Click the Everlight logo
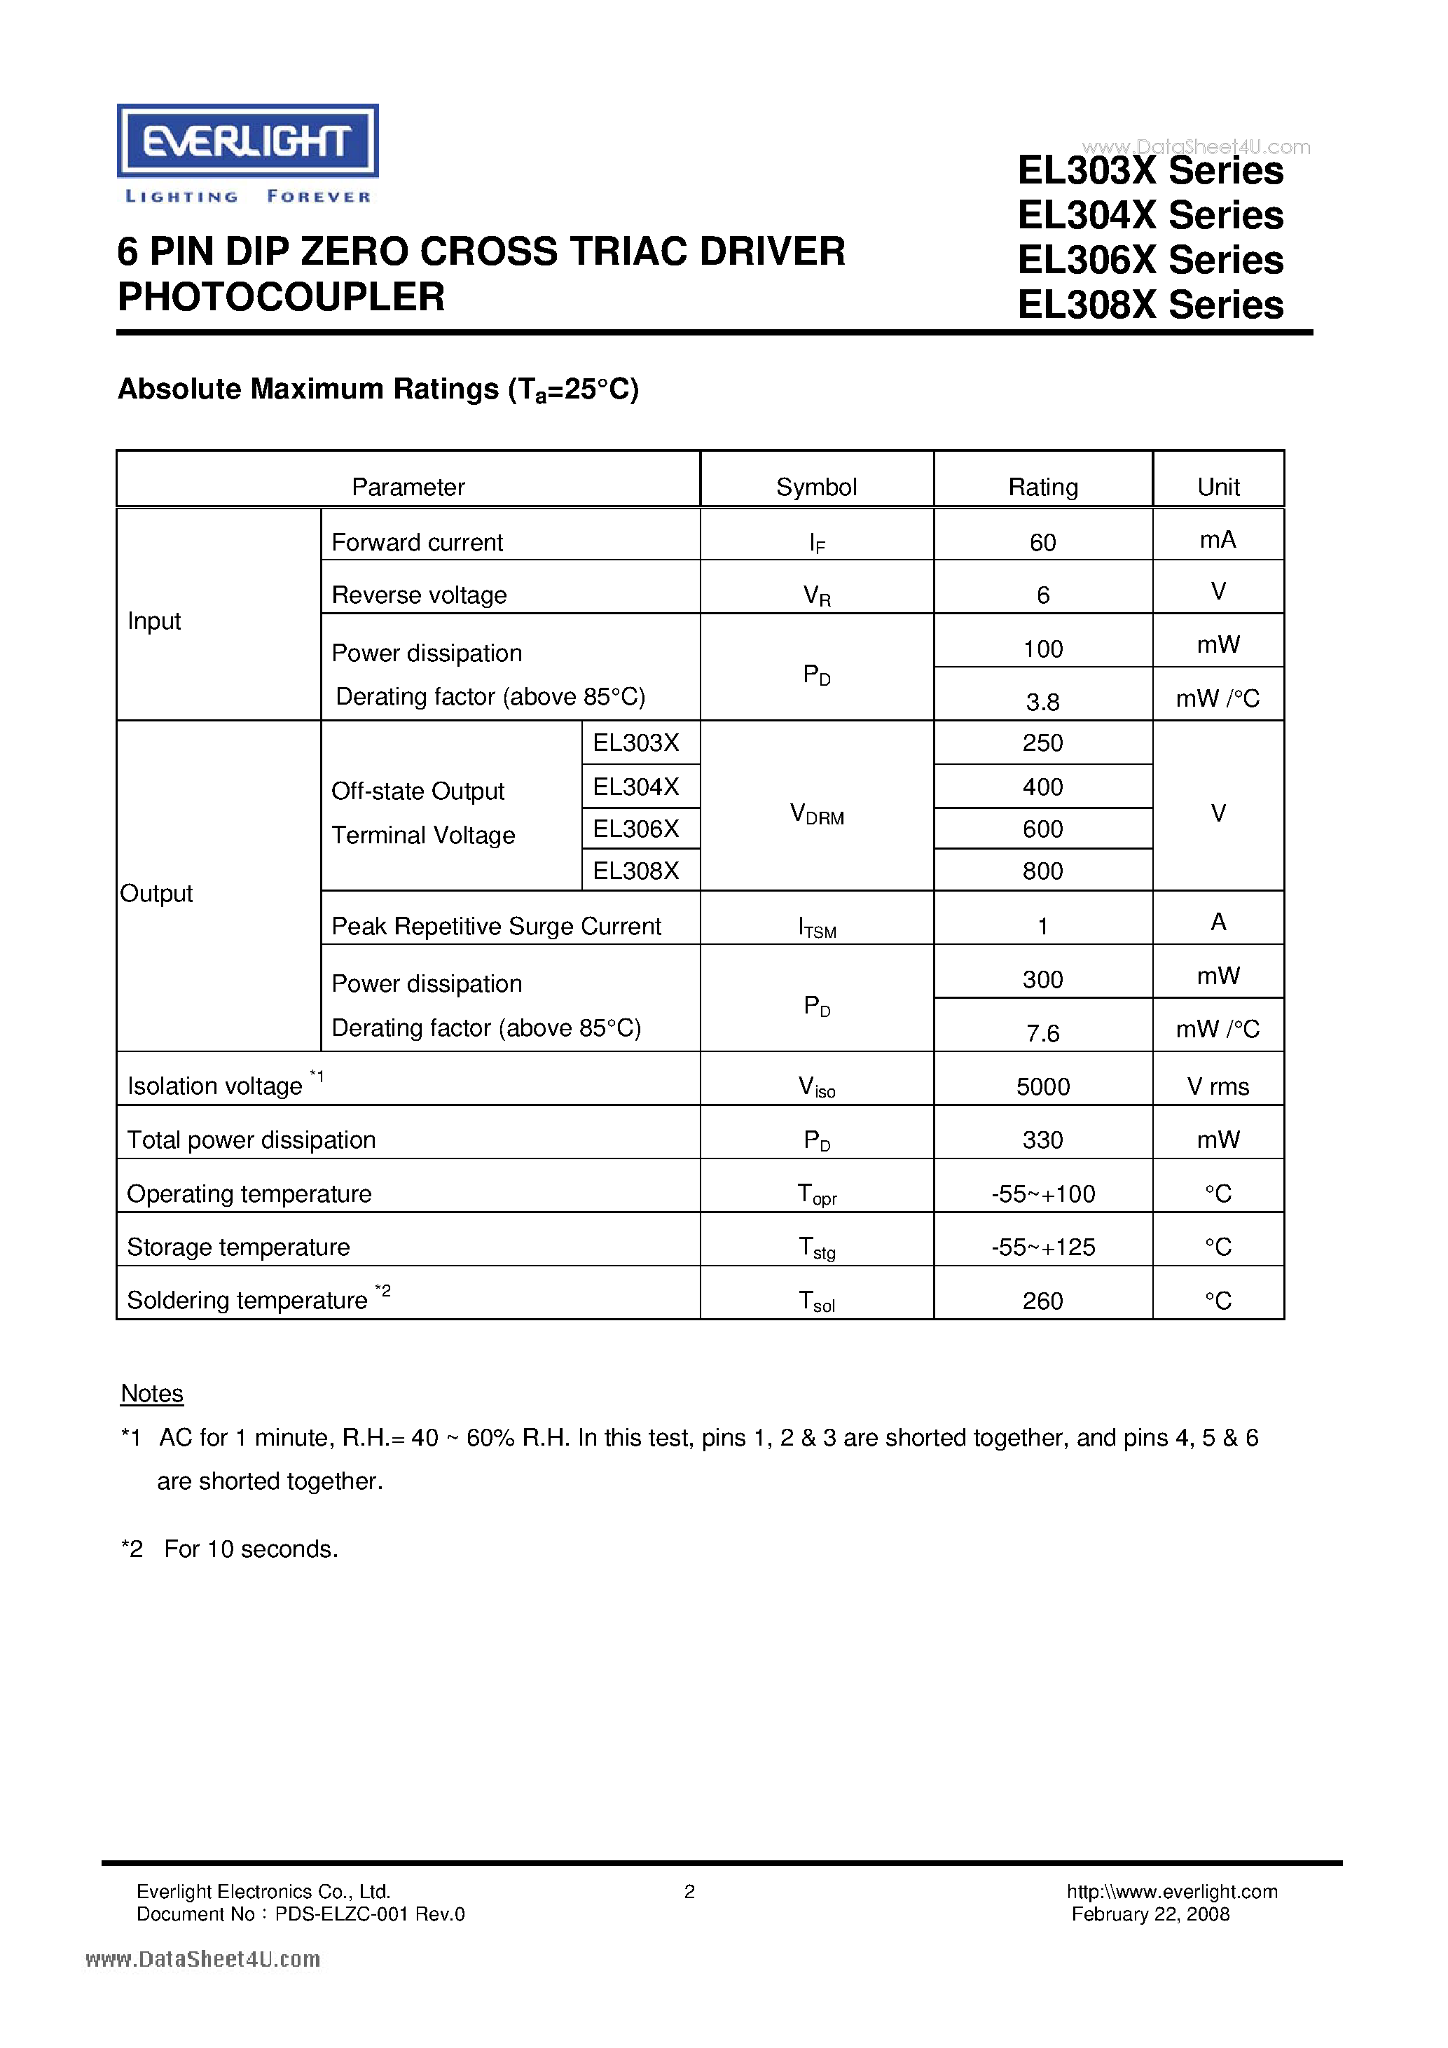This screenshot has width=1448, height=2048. point(247,141)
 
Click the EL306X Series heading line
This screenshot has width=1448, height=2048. point(1150,261)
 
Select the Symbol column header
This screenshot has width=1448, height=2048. point(815,487)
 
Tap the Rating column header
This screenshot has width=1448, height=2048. point(1042,487)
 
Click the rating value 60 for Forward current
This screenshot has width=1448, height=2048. point(1042,542)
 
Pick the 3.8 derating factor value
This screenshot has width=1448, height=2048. point(1042,702)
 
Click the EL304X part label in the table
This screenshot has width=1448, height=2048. point(635,787)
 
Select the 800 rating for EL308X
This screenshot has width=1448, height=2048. point(1042,871)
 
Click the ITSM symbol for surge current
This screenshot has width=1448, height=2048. point(816,927)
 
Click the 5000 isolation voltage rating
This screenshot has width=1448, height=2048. point(1042,1086)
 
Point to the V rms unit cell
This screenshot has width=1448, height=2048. point(1217,1086)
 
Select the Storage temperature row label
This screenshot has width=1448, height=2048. point(238,1247)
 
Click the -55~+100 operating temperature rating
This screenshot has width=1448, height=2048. point(1042,1193)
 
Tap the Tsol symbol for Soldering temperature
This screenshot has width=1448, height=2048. point(816,1301)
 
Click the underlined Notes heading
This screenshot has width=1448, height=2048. point(152,1393)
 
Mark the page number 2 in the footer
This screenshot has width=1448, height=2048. point(689,1891)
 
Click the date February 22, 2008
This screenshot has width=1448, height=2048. point(1150,1914)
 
